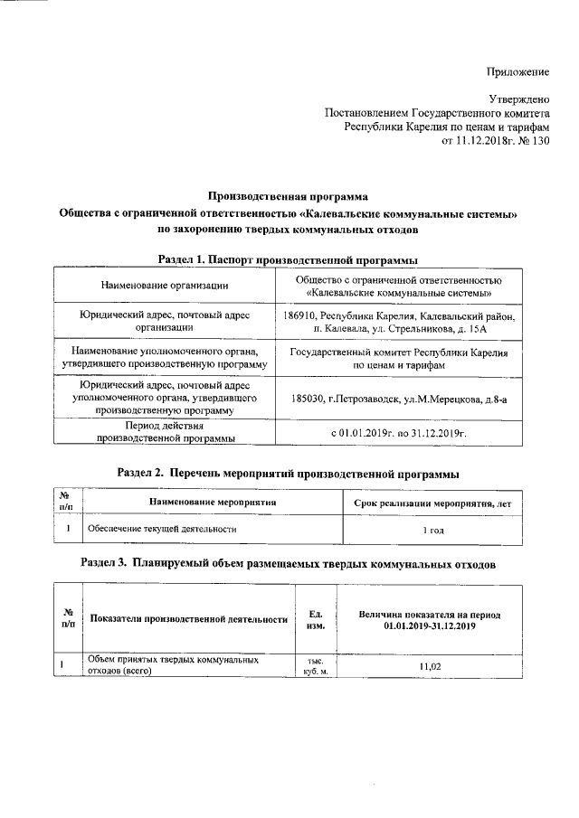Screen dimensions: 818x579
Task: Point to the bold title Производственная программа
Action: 288,195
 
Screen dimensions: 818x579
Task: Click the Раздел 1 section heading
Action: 288,259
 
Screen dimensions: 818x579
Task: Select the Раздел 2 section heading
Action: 288,474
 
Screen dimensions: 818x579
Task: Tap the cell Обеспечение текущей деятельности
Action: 161,529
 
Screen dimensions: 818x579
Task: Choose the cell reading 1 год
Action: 433,530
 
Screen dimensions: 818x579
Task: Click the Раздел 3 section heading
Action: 288,562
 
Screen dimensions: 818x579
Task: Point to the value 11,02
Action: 429,666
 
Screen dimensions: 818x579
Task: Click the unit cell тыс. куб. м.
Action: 317,666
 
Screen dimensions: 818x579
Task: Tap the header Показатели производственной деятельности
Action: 189,619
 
